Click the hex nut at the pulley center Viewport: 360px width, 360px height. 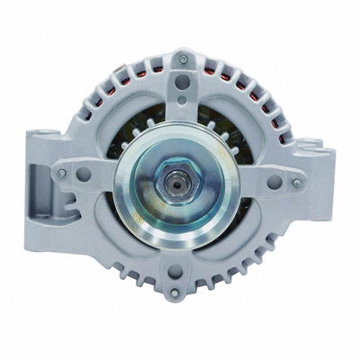coord(178,178)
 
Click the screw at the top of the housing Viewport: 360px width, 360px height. coord(184,59)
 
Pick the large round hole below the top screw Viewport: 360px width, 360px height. coord(184,83)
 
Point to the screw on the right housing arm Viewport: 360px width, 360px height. coord(297,184)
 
